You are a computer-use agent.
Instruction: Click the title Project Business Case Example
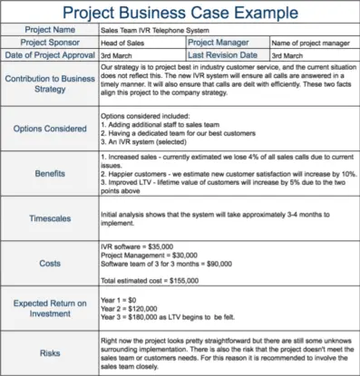point(180,14)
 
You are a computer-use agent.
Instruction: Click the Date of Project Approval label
point(51,56)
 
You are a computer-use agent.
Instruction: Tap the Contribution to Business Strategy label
point(51,84)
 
